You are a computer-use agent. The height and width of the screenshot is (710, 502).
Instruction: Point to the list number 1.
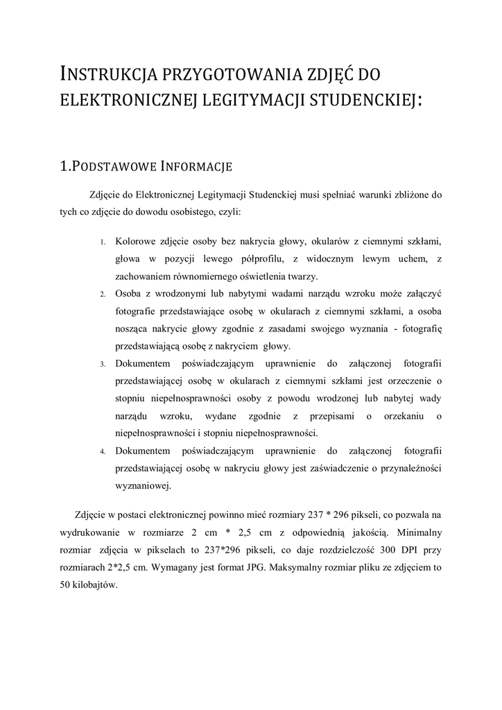pos(101,242)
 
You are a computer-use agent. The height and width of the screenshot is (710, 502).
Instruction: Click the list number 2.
pos(101,294)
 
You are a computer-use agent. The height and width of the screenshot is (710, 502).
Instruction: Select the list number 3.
pos(101,364)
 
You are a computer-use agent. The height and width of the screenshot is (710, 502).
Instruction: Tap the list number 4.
pos(101,451)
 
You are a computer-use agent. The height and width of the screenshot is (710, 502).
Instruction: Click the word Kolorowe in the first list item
pos(135,241)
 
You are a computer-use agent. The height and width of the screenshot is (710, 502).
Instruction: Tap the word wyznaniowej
pos(143,486)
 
